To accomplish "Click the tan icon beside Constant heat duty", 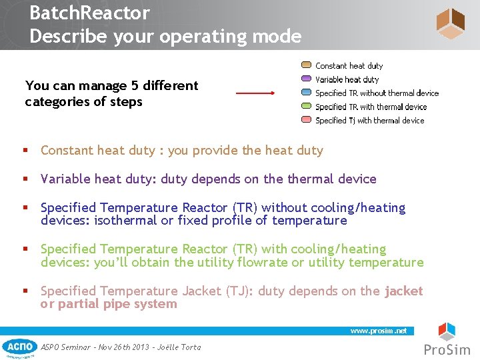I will coord(306,65).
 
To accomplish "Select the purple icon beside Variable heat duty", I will coord(306,79).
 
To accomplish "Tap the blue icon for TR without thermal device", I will coord(306,93).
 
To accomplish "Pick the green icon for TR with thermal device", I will coord(306,107).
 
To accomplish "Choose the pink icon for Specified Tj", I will coord(306,120).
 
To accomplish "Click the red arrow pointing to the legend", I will coord(255,94).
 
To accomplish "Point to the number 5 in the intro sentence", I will coord(119,85).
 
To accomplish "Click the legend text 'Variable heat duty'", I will coord(347,79).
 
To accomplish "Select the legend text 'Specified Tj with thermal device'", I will coord(369,121).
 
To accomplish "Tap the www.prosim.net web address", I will coord(379,331).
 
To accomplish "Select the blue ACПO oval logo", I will coord(19,346).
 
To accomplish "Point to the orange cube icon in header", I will coord(450,24).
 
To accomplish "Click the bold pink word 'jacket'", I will coord(403,291).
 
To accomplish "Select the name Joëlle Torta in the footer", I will coord(181,347).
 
